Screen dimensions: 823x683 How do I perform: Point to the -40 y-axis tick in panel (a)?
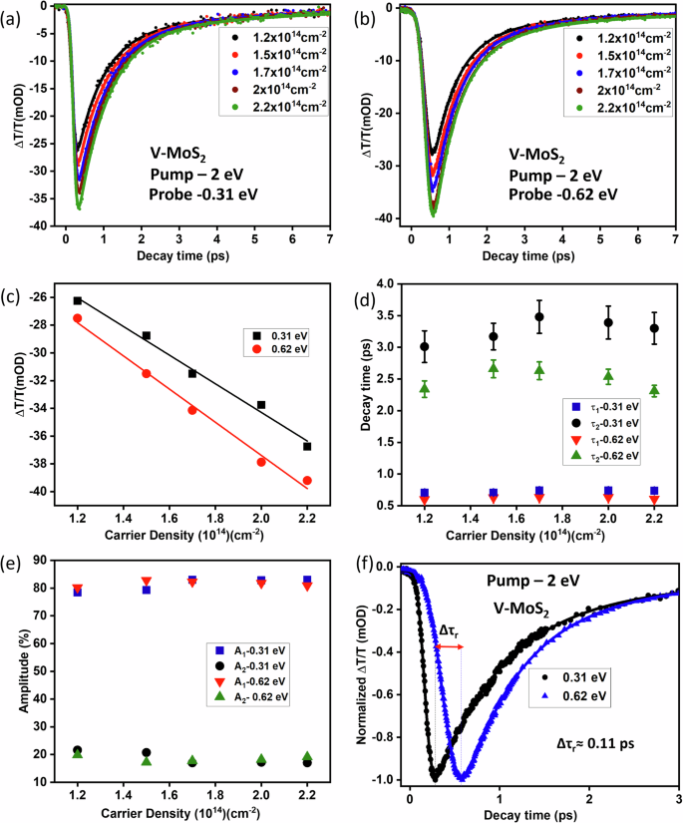(x=44, y=226)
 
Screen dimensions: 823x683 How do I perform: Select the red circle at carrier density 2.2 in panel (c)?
(x=307, y=480)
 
